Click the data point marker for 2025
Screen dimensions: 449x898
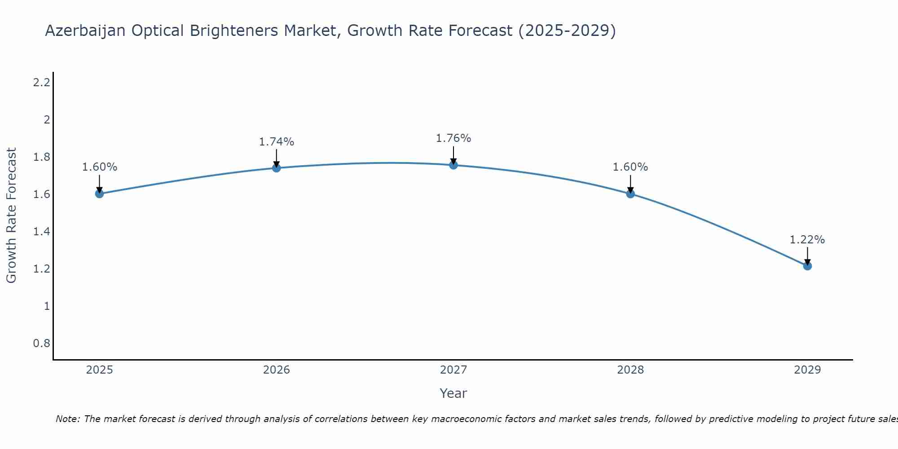click(100, 194)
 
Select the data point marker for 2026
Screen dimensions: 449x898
click(277, 168)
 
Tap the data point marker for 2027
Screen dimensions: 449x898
click(453, 165)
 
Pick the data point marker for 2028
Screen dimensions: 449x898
click(630, 194)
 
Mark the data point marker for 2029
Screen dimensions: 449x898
click(807, 266)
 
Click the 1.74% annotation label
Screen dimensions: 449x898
click(277, 142)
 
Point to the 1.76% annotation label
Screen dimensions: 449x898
click(453, 138)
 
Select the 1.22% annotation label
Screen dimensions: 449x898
click(807, 240)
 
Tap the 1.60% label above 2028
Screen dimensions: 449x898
click(630, 167)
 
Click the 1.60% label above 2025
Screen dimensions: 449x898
click(100, 167)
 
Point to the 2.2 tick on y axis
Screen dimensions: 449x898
click(41, 83)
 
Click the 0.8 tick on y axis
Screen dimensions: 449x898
click(41, 343)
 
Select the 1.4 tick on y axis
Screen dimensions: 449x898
click(41, 232)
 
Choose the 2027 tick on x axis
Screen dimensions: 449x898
click(453, 370)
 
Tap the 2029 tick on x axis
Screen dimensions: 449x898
click(807, 370)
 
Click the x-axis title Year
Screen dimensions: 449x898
click(453, 393)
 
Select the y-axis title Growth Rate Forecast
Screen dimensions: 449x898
click(11, 216)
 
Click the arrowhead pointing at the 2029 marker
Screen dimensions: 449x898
click(807, 262)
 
